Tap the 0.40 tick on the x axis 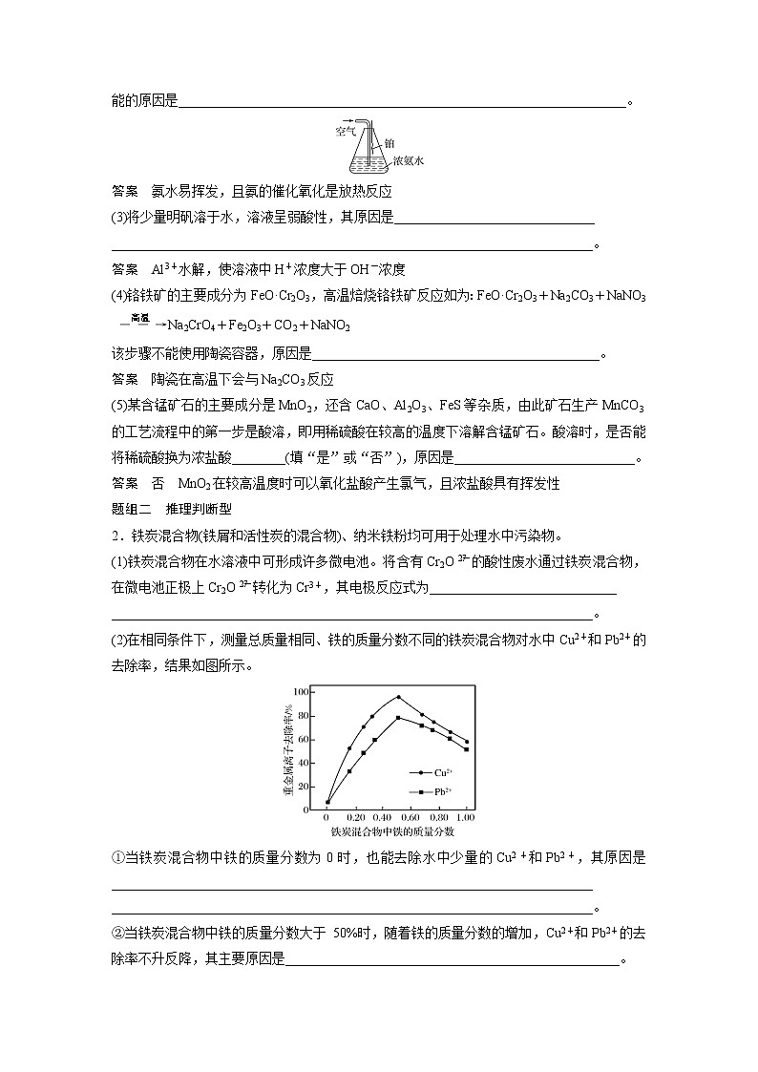pyautogui.click(x=383, y=818)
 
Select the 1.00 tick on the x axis pyautogui.click(x=466, y=818)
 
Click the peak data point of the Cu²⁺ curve pyautogui.click(x=398, y=697)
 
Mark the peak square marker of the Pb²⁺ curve pyautogui.click(x=398, y=718)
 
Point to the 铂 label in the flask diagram pyautogui.click(x=390, y=143)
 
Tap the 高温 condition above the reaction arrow pyautogui.click(x=140, y=316)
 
